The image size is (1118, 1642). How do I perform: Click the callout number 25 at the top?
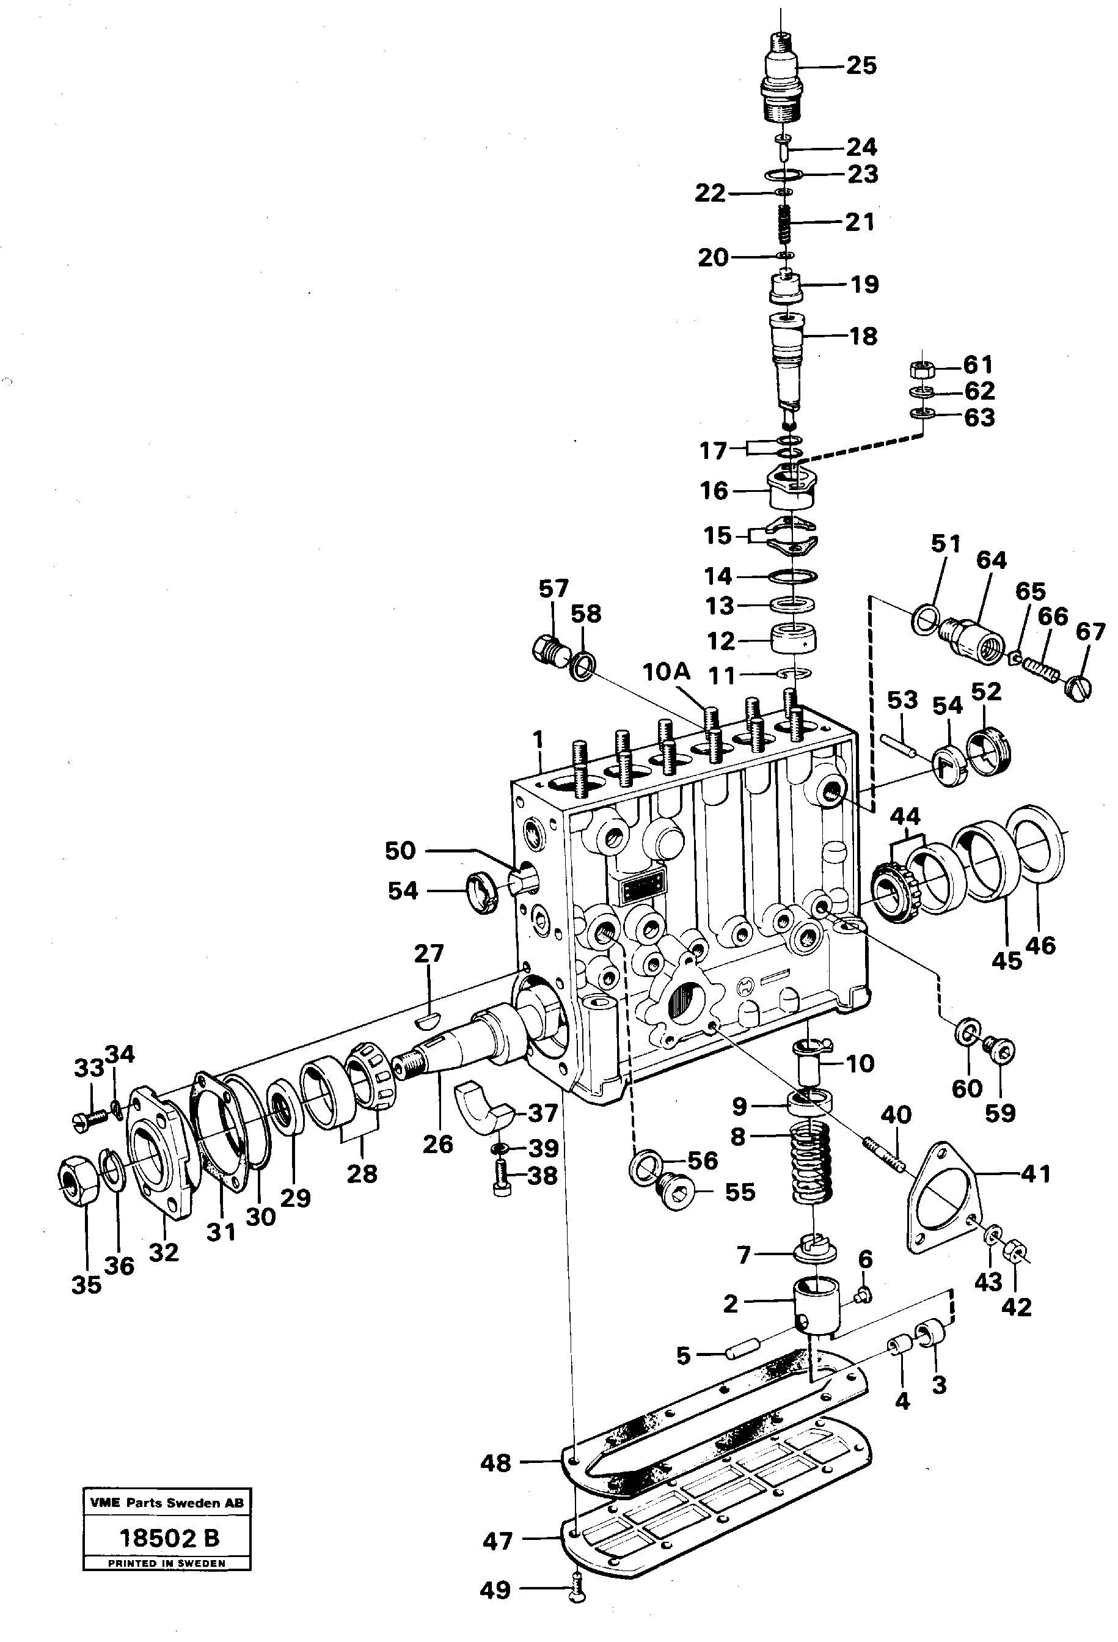[861, 66]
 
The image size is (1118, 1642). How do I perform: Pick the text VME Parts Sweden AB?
[167, 1503]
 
